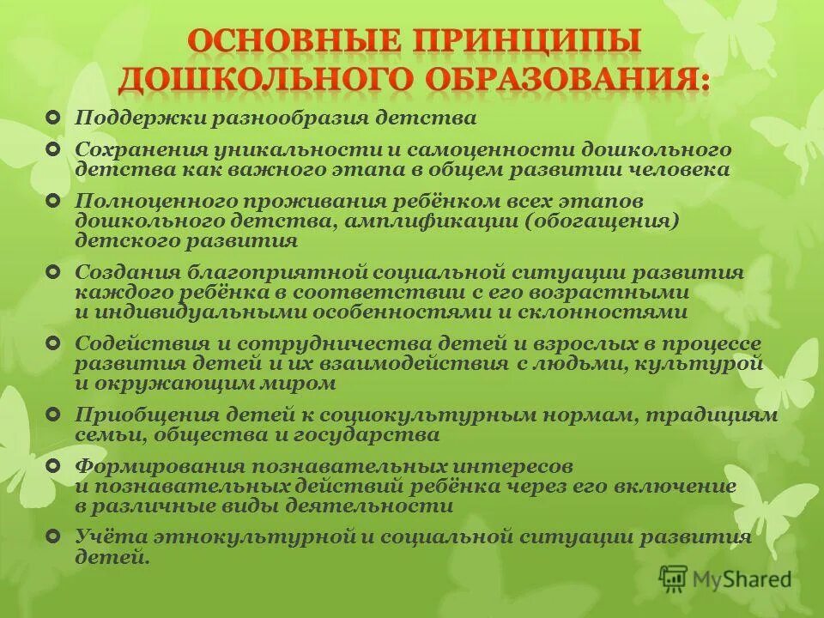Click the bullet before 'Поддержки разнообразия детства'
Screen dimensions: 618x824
54,116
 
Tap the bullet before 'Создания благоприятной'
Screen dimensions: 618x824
54,271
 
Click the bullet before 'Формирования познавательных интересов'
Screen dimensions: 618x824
54,465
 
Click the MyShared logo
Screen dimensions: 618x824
725,579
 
